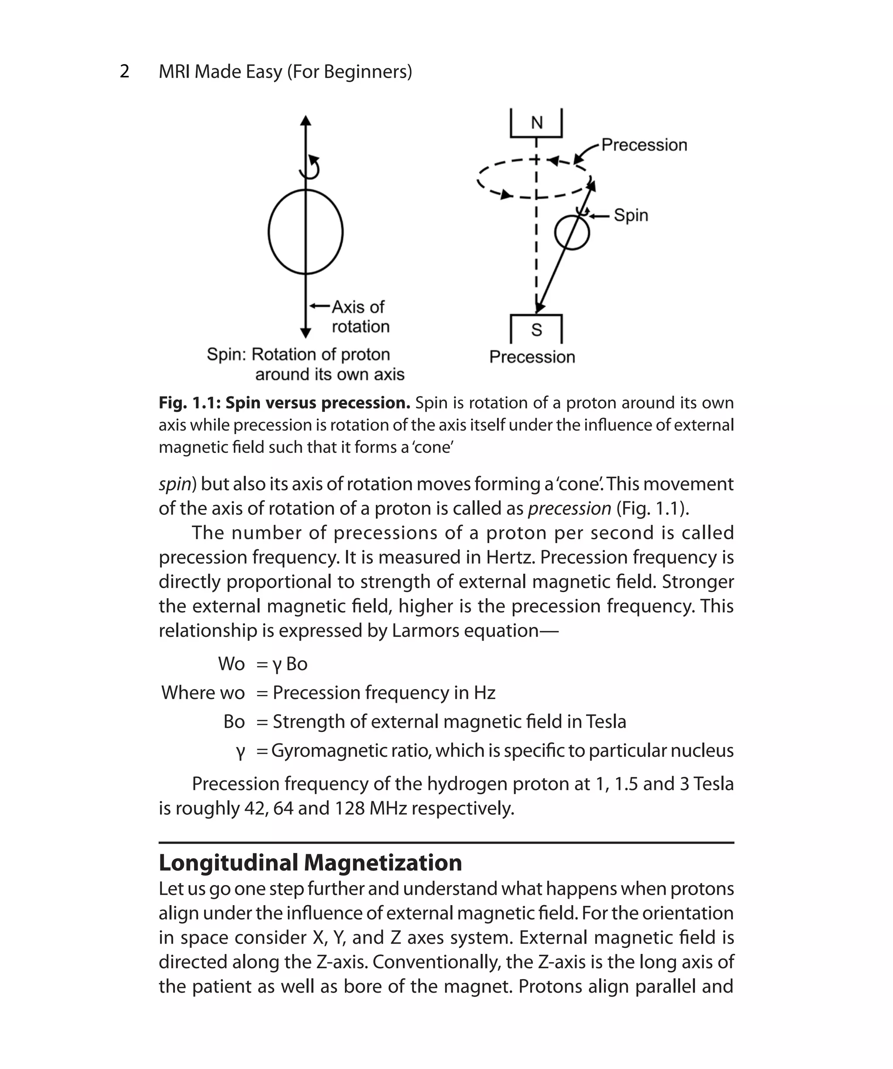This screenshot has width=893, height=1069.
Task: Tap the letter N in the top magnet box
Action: point(537,123)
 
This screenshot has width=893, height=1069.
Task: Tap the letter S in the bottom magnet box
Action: point(537,330)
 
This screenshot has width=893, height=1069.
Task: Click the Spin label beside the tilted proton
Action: point(631,215)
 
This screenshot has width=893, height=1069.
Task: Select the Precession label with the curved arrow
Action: point(644,145)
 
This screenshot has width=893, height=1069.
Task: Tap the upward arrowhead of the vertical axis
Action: point(306,121)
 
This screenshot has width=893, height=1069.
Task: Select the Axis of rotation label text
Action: point(359,316)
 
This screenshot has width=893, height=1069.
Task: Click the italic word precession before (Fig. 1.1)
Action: point(569,508)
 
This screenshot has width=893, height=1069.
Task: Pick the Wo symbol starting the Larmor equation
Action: point(231,664)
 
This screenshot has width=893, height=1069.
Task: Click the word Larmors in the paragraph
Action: point(419,631)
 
